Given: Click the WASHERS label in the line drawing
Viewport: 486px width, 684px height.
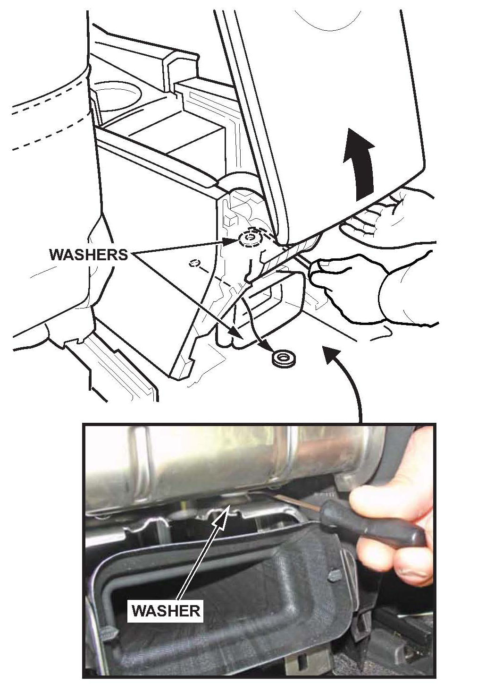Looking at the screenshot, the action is point(88,255).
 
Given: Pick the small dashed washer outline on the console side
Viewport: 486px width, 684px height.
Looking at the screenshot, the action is point(193,263).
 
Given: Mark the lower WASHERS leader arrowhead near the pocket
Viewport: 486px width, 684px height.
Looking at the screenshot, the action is point(239,336).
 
